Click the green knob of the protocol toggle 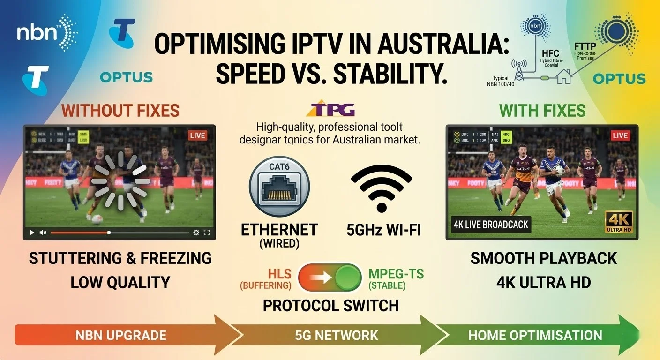click(347, 277)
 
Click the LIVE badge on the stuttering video click(197, 135)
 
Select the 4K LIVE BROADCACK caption click(490, 225)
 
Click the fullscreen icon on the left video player click(207, 232)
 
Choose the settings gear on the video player click(196, 232)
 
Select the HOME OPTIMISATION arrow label click(535, 336)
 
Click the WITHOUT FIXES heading click(120, 110)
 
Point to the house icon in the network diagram click(563, 77)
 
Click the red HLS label click(280, 273)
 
